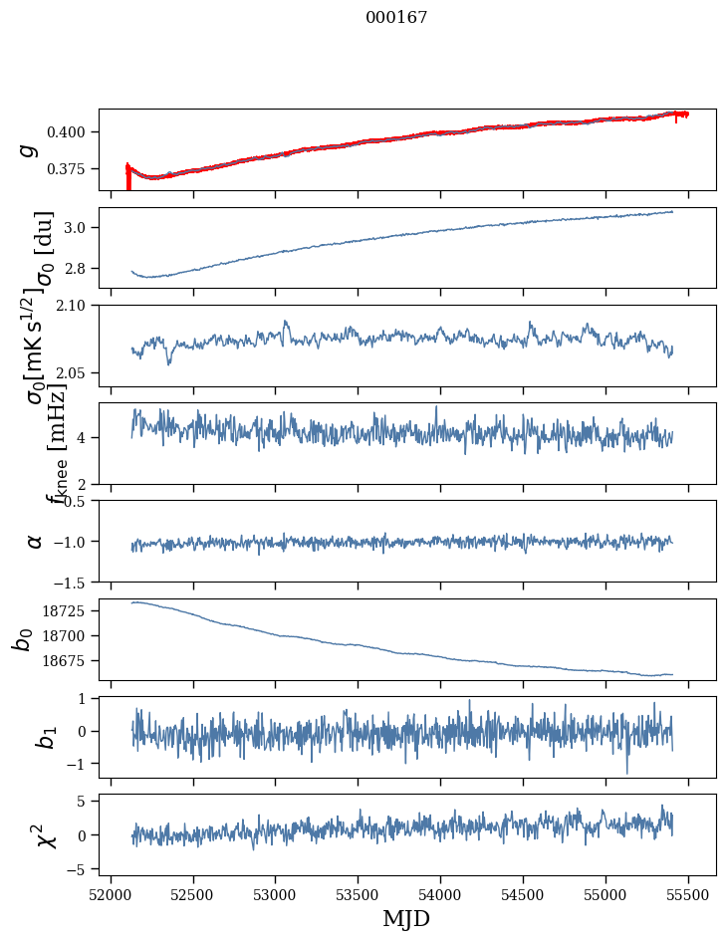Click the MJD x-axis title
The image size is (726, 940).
tap(406, 919)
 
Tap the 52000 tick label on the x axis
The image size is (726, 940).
tap(111, 894)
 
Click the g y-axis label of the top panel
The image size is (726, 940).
tap(29, 149)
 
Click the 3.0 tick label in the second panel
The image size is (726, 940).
tap(81, 228)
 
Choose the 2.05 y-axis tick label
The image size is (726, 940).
tap(77, 373)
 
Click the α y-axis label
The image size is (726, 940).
tap(35, 541)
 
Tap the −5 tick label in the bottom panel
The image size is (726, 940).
tap(81, 869)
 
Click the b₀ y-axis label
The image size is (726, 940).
tap(22, 639)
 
